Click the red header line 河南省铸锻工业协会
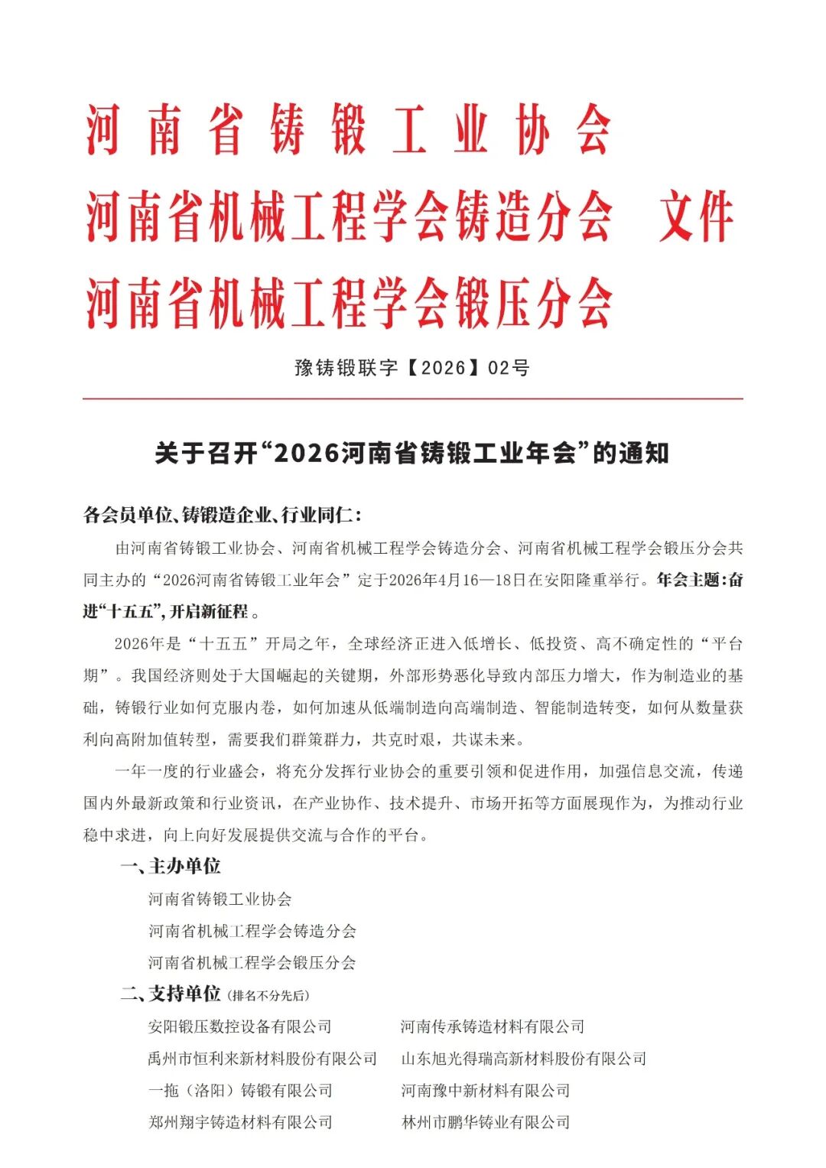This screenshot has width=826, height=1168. tap(348, 130)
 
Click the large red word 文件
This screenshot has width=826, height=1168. tap(696, 217)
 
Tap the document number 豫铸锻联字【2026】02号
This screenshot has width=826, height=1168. tap(411, 368)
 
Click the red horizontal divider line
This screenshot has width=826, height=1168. tap(413, 399)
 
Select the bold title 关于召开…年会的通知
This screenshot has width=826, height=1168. tap(411, 453)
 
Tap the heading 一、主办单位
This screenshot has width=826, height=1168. tap(170, 866)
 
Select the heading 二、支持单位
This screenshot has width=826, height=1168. tap(170, 994)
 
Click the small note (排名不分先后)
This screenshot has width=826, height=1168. tap(268, 995)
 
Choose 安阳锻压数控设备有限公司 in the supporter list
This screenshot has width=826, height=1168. tap(239, 1026)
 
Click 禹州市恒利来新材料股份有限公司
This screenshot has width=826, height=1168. tap(262, 1059)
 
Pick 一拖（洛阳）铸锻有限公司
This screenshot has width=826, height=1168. tap(239, 1091)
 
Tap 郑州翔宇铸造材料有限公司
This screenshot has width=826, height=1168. tap(239, 1123)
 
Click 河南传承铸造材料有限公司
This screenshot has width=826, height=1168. tap(493, 1026)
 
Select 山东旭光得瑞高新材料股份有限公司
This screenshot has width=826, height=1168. tap(524, 1059)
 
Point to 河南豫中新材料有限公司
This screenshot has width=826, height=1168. tap(486, 1091)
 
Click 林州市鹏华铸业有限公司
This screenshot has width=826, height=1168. tap(486, 1123)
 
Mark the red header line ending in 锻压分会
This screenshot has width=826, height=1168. tap(348, 303)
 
